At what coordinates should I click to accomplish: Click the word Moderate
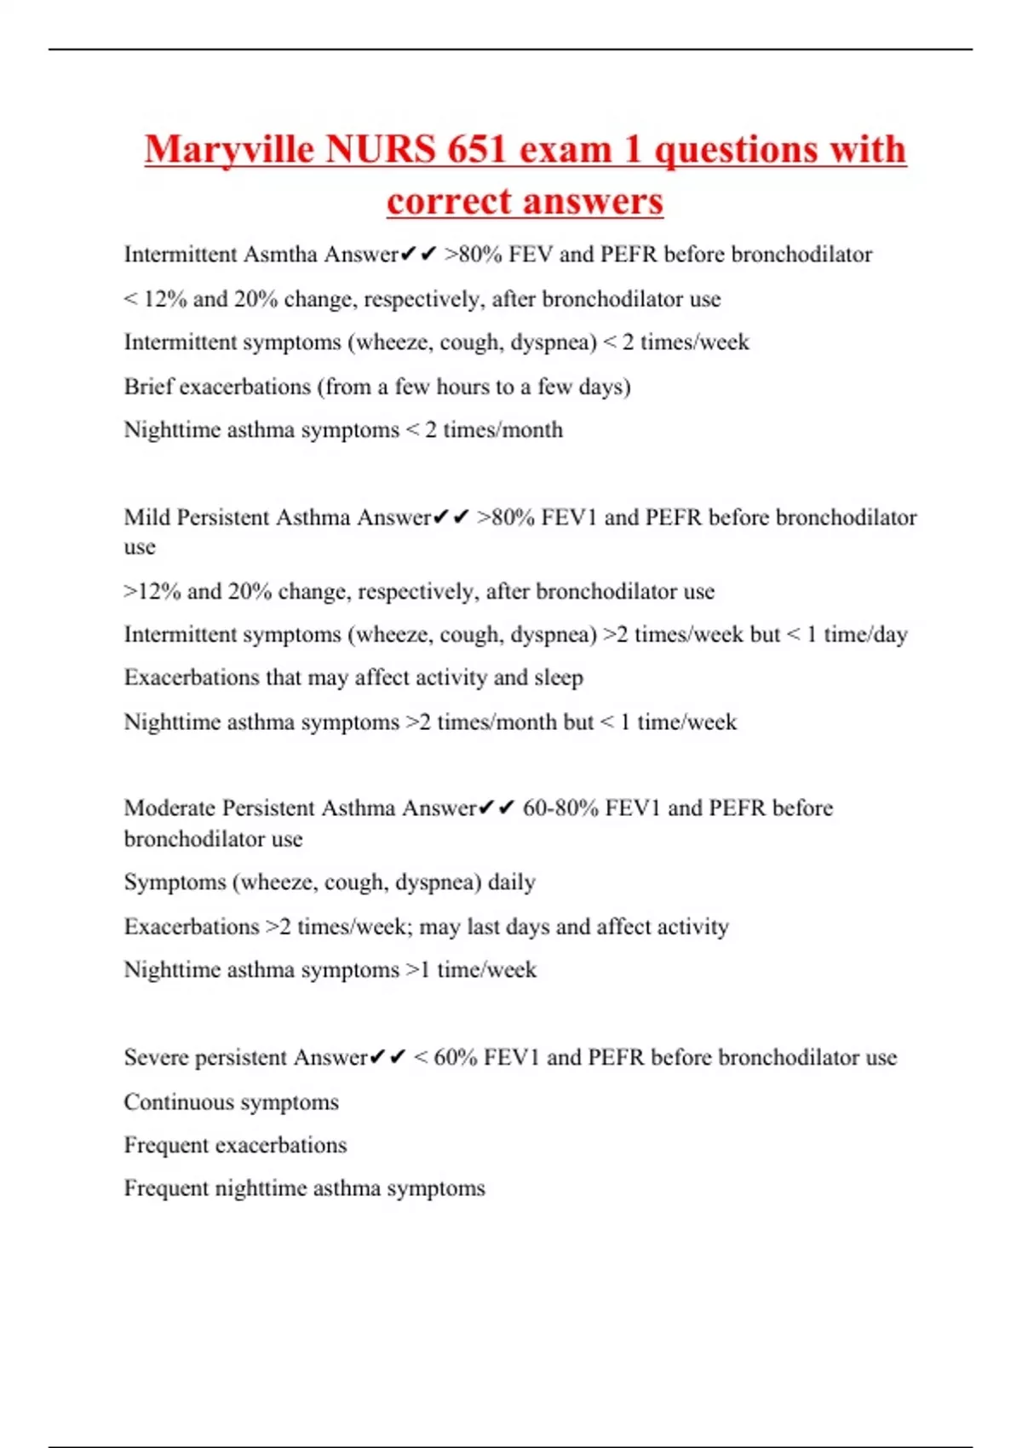coord(169,808)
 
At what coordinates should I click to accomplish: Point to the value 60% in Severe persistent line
coord(455,1058)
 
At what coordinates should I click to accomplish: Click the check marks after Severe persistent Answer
coord(388,1058)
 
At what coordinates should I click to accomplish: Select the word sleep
coord(559,678)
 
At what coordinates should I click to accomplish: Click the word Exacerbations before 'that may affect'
coord(192,678)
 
